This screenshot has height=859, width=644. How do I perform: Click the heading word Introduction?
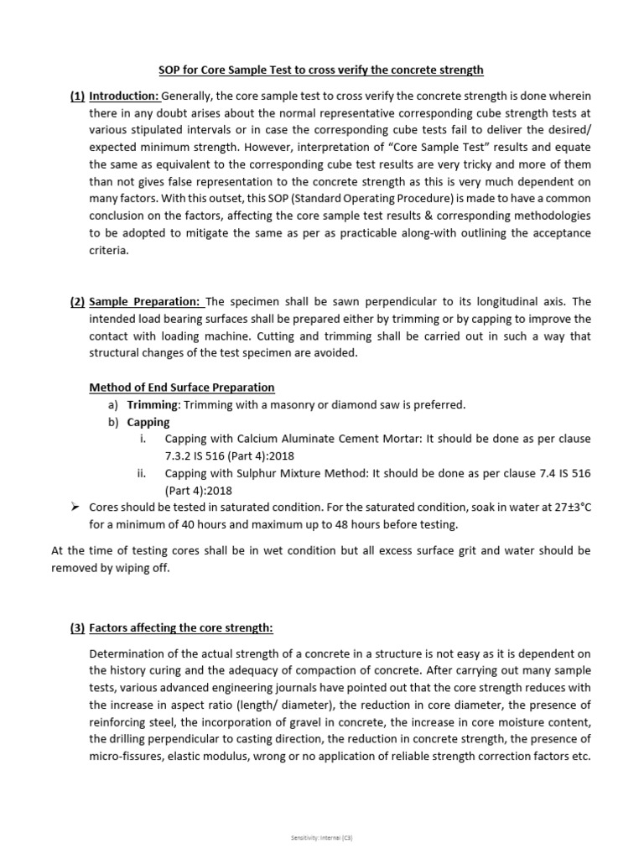click(x=123, y=96)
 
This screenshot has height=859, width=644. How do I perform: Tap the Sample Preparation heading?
click(x=146, y=302)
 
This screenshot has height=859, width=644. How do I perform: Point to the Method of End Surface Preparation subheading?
click(x=182, y=388)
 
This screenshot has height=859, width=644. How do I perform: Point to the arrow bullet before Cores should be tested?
click(x=75, y=508)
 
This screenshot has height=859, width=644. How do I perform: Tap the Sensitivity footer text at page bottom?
click(x=322, y=838)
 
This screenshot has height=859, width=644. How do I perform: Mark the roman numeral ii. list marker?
click(x=142, y=474)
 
